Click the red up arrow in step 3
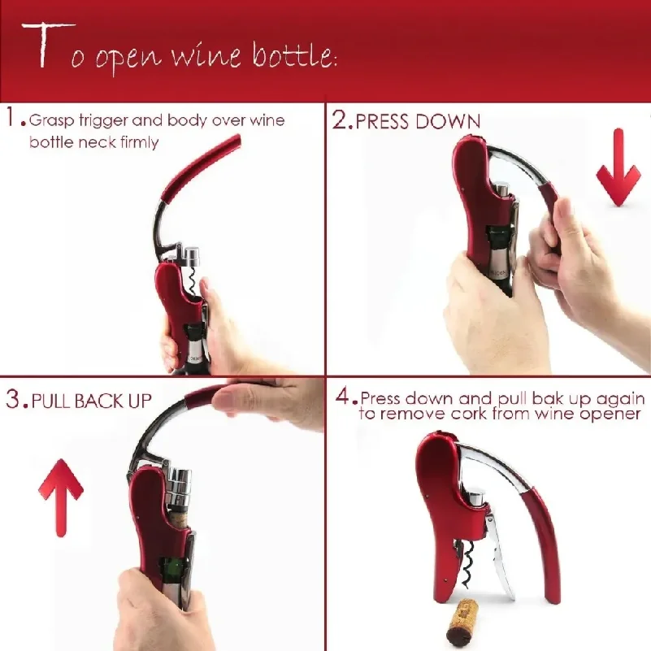point(61,497)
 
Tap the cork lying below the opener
point(463,621)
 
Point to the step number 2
point(341,120)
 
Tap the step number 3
point(13,399)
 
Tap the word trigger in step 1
point(103,121)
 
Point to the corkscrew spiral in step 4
point(467,564)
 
